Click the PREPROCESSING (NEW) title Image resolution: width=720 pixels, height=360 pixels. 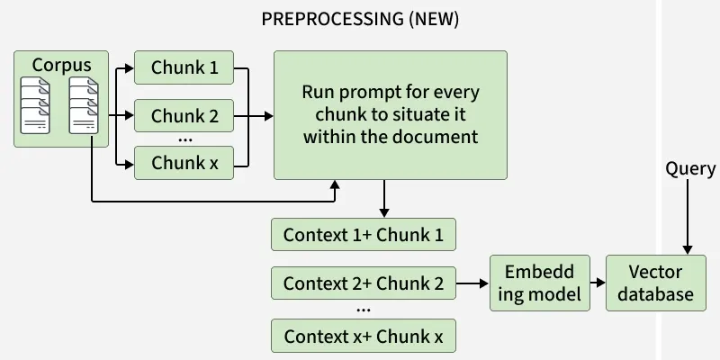coord(360,19)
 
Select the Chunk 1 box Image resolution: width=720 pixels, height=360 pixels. coord(184,67)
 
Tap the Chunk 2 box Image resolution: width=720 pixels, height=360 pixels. coord(184,116)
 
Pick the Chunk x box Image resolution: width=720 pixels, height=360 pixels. coord(184,163)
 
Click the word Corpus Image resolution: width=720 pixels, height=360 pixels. coord(61,65)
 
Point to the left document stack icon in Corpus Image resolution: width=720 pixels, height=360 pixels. coord(35,105)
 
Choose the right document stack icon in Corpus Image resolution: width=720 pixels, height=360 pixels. coord(84,105)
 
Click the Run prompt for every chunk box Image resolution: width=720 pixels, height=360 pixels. coord(391,115)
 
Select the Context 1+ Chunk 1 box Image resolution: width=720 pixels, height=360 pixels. coord(364,235)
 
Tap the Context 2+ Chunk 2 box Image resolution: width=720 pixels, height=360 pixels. coord(364,283)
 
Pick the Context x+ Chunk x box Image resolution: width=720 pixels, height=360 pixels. coord(364,336)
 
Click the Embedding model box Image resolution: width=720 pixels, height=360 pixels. coord(539,283)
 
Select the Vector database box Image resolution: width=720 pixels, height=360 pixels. coord(656,283)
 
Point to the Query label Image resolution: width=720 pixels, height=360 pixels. coord(690,169)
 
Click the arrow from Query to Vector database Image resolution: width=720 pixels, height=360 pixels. coord(688,217)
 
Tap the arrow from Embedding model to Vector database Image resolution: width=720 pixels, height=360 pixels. coord(598,283)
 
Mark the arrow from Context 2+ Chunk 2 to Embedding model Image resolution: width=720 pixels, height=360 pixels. coord(472,283)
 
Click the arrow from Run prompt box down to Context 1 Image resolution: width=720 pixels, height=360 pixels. coord(384,198)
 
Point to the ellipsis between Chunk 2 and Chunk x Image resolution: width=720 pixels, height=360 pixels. coord(184,139)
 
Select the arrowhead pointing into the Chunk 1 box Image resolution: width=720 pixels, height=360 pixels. coord(129,68)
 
